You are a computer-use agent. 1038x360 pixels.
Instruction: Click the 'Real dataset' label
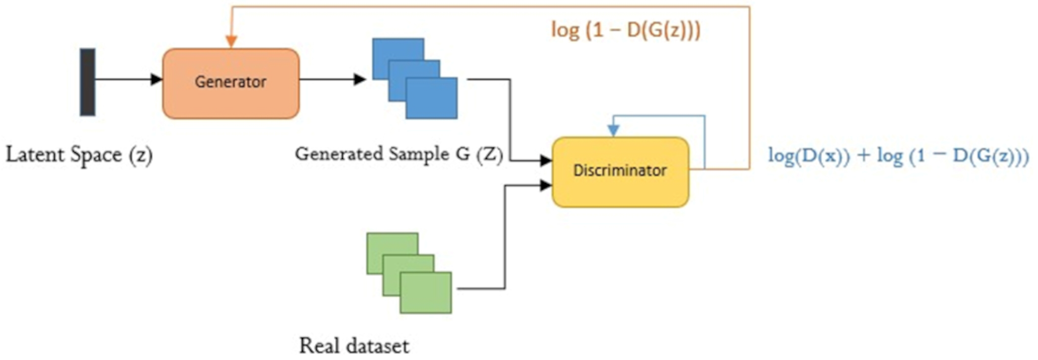[x=354, y=346]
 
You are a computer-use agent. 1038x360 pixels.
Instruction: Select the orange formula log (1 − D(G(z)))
[x=626, y=30]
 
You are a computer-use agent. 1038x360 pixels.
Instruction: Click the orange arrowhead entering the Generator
[x=231, y=41]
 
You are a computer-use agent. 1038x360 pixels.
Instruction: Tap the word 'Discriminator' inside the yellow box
[x=620, y=170]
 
